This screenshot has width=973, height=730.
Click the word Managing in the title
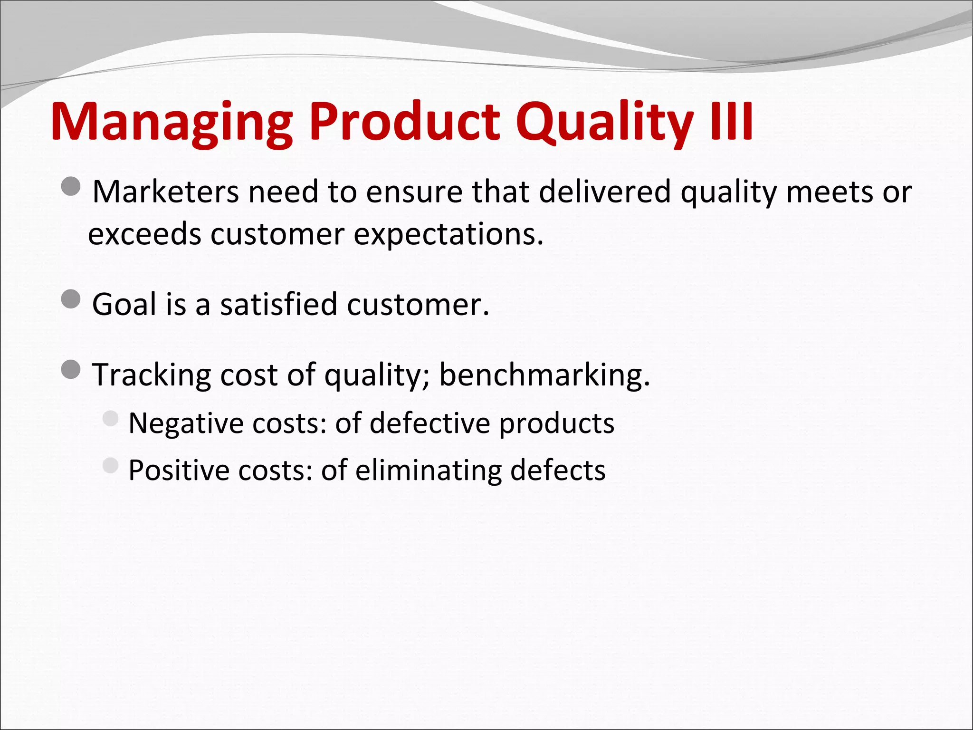171,123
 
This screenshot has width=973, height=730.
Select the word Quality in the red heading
603,123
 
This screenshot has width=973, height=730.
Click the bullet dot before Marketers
71,187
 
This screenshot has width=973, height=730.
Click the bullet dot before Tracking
71,369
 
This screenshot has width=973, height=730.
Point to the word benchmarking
544,375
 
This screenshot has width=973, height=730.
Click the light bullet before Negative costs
110,418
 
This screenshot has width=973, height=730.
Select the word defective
429,423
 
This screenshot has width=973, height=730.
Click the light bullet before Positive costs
110,465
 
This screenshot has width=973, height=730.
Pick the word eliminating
428,471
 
